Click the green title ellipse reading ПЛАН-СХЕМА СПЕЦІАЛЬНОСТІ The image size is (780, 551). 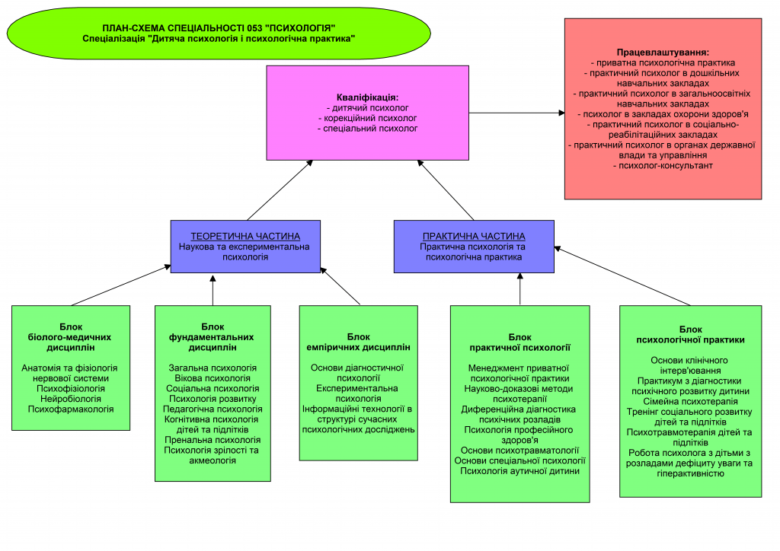219,33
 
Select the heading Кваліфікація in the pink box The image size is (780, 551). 368,97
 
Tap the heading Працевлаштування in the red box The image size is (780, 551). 663,53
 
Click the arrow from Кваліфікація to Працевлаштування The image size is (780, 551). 517,113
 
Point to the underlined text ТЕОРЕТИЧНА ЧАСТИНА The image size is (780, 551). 245,237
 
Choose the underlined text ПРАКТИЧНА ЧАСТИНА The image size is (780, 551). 474,237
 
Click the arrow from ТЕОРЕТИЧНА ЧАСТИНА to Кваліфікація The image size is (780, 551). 280,190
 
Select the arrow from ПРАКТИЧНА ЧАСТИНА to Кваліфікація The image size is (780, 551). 446,190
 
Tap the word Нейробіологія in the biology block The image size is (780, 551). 71,399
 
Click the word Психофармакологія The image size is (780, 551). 71,409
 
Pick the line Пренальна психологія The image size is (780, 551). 213,440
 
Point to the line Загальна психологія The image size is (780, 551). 213,368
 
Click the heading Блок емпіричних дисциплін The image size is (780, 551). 358,342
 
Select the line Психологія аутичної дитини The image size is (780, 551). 519,471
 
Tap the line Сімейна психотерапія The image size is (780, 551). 690,401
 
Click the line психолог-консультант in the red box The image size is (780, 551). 663,166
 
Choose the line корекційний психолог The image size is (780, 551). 368,118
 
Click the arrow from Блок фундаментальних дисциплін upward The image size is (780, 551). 213,290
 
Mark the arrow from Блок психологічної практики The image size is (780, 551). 622,275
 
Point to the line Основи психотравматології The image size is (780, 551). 519,451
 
